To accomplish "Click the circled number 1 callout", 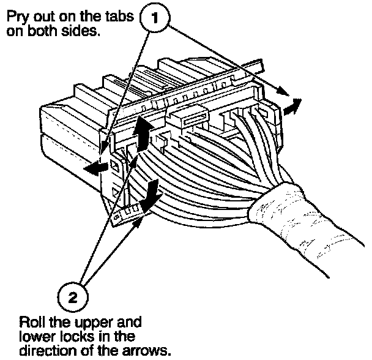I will point(155,19).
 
